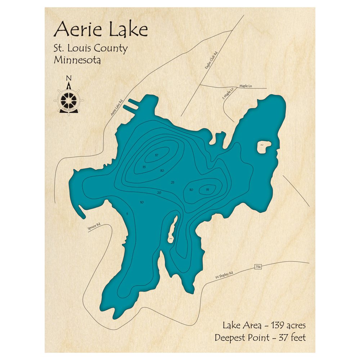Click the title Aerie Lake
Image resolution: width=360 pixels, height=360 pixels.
[100, 29]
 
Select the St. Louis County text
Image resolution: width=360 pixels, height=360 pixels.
[90, 48]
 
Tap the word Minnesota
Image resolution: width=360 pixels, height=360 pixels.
[77, 60]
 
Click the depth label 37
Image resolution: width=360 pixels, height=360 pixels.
[156, 155]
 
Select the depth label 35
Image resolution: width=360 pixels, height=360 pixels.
[144, 167]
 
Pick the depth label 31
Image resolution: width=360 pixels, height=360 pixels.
[207, 189]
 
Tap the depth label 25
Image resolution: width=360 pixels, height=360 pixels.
[172, 183]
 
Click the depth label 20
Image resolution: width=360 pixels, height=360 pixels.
[159, 193]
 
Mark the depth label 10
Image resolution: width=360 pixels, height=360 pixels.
[141, 202]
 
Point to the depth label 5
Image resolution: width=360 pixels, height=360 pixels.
[127, 214]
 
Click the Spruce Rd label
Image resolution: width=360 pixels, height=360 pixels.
[94, 227]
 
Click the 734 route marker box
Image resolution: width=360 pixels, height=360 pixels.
[258, 267]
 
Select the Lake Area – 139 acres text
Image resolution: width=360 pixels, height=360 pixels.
[264, 325]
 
